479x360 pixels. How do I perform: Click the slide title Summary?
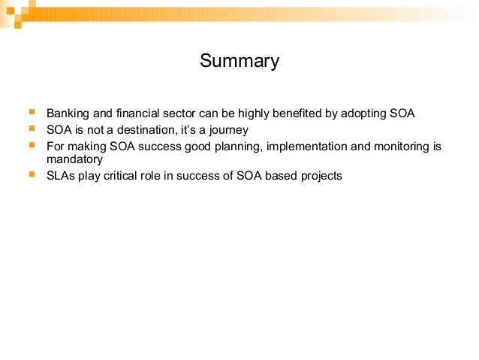pyautogui.click(x=239, y=61)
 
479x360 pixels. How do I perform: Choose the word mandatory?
pyautogui.click(x=74, y=159)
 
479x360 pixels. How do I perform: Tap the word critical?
pyautogui.click(x=125, y=176)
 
